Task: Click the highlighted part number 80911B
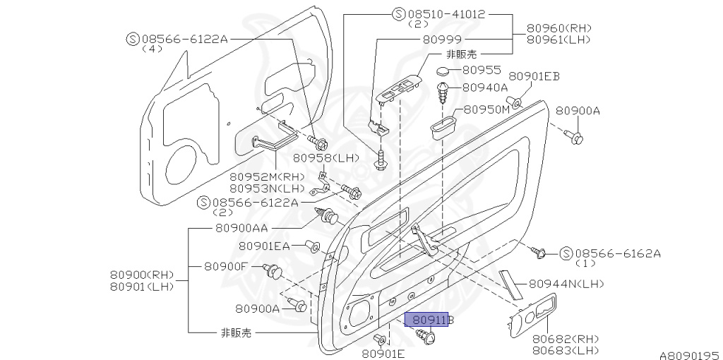point(431,320)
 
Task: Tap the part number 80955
point(482,70)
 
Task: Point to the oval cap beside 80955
point(443,71)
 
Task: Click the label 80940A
point(485,88)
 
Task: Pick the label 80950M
point(486,110)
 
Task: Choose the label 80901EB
point(534,76)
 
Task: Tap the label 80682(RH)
point(566,338)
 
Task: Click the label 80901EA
point(264,246)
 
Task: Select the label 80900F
point(226,266)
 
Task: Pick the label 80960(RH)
point(558,28)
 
